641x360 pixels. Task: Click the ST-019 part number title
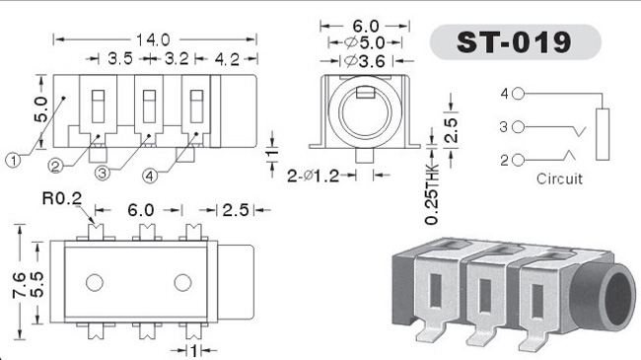[x=514, y=42]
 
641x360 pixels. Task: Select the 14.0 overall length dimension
[x=153, y=40]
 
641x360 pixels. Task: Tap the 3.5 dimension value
[x=120, y=59]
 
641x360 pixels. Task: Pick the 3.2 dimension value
[x=177, y=59]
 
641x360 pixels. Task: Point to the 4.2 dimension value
[x=227, y=60]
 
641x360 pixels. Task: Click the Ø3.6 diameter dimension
[x=365, y=61]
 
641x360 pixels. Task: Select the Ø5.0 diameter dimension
[x=365, y=42]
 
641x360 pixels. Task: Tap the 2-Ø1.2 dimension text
[x=314, y=176]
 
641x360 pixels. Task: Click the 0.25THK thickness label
[x=432, y=194]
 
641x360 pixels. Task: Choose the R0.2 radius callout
[x=62, y=199]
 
